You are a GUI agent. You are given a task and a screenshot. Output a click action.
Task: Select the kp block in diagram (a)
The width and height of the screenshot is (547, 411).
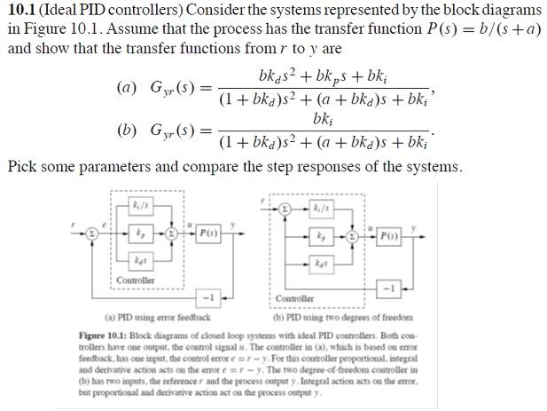[138, 234]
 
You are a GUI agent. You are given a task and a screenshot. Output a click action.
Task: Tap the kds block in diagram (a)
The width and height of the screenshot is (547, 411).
[138, 263]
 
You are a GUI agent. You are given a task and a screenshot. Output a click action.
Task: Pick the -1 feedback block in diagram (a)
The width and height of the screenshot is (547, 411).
[210, 295]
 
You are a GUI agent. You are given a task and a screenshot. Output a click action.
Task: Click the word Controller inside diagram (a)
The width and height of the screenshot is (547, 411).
[136, 280]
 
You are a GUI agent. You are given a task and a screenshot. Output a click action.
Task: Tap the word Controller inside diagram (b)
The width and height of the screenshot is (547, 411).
[294, 298]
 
